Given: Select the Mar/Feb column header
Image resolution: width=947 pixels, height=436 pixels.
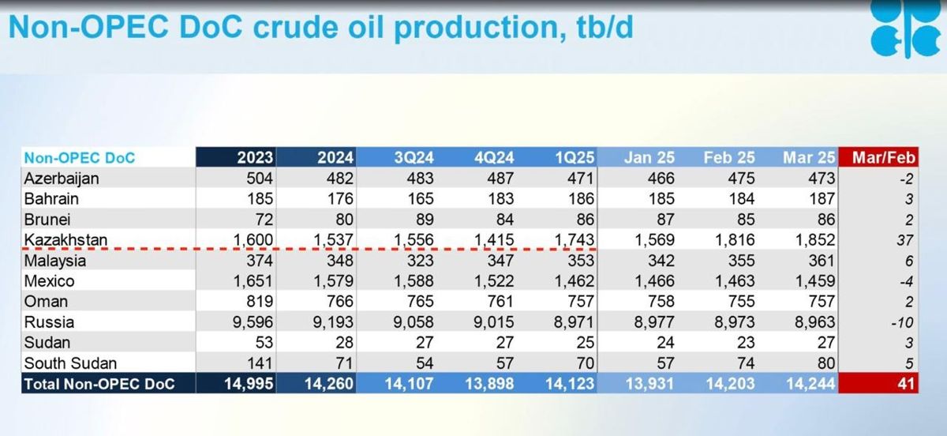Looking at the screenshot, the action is coord(884,157).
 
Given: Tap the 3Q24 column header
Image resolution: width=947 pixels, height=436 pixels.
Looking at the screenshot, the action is coord(414,157).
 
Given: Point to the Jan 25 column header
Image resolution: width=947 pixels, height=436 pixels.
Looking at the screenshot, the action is coord(649,157).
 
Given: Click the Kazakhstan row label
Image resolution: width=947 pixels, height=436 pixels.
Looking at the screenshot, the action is coord(66,239).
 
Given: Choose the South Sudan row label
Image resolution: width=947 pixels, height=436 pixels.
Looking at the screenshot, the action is coord(70,363).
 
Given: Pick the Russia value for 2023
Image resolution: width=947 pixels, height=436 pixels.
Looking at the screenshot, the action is coord(253,322).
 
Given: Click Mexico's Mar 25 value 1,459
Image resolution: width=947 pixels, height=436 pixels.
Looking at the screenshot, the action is coord(814,281).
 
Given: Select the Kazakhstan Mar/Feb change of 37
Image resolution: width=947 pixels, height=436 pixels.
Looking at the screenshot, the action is coord(904,240).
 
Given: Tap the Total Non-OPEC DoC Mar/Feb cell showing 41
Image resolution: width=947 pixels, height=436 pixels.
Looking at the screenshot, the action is coord(905,384).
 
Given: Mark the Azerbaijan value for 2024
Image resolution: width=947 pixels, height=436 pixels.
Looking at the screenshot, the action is coord(339,179).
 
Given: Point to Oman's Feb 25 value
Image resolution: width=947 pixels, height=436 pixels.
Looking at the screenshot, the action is coord(741,302).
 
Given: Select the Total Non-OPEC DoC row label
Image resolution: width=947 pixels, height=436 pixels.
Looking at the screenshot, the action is coord(99,384).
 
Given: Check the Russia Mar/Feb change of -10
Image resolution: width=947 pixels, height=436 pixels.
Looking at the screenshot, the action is coord(902,323).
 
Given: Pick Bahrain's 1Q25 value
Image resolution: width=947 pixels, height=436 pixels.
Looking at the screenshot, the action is coord(581,199).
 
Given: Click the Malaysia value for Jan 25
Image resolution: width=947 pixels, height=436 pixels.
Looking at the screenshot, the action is coord(661,261).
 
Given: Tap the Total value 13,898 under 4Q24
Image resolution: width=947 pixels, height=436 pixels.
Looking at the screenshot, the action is coord(489,384).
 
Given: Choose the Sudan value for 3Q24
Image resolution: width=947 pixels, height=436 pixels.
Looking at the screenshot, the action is coord(425,343).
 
